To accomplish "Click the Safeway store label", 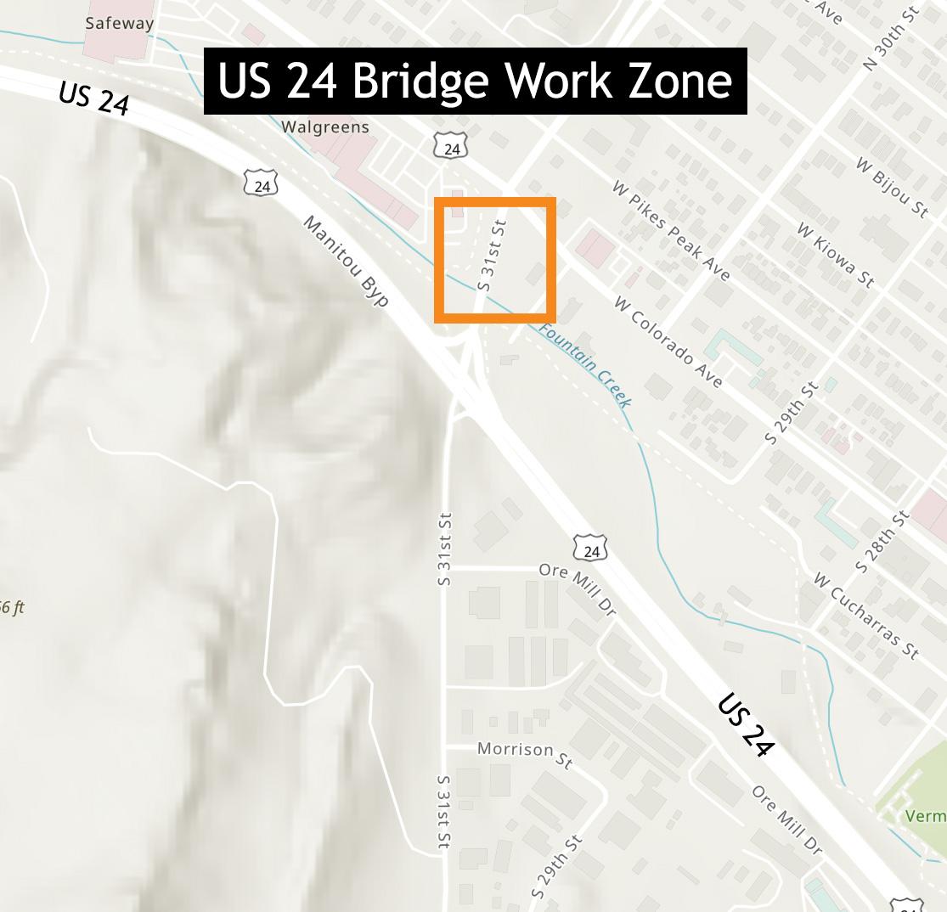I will pos(119,24).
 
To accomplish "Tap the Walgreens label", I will pos(325,127).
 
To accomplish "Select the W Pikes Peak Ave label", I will pos(671,229).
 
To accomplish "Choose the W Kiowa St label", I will pos(835,255).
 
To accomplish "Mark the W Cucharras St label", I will pos(865,616).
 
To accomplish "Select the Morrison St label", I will pos(524,752).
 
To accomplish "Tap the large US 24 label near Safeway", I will pos(94,98).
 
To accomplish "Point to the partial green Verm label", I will pos(926,816).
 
